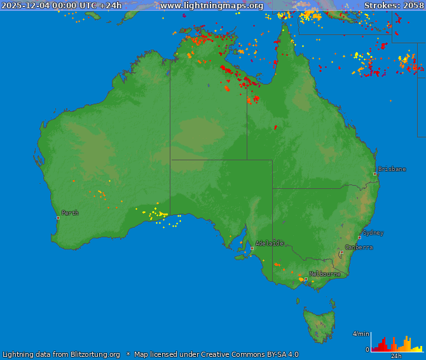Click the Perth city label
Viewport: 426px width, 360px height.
tap(70, 213)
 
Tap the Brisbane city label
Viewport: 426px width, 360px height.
tap(392, 169)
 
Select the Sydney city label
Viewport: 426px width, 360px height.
tap(373, 233)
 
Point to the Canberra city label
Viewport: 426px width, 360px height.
tap(359, 247)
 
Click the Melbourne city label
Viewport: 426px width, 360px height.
tap(324, 274)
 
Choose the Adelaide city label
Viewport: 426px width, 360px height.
tap(269, 243)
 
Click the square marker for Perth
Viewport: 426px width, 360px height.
tap(58, 218)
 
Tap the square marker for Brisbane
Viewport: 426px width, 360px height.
tap(374, 174)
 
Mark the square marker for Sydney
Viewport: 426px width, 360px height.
tap(359, 237)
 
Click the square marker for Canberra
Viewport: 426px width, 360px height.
tap(341, 253)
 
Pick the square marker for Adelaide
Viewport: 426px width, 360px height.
tap(252, 248)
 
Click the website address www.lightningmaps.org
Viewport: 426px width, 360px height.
tap(212, 6)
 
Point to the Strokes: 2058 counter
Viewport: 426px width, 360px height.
tap(394, 6)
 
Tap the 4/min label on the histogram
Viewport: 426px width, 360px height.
tap(361, 334)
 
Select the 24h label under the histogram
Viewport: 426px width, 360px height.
tap(396, 356)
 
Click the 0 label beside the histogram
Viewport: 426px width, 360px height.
tap(367, 349)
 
